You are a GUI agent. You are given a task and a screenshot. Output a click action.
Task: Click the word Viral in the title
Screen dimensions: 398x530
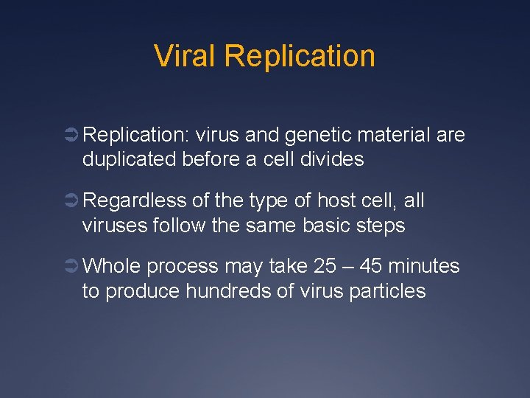pyautogui.click(x=185, y=56)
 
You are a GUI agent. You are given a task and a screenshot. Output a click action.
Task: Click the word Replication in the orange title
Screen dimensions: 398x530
pyautogui.click(x=300, y=56)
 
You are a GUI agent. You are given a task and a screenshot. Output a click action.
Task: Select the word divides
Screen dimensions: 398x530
pyautogui.click(x=332, y=158)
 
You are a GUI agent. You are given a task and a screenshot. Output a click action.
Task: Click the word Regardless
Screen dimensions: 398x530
pyautogui.click(x=136, y=201)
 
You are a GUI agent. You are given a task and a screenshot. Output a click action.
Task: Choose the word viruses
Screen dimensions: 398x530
pyautogui.click(x=116, y=225)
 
